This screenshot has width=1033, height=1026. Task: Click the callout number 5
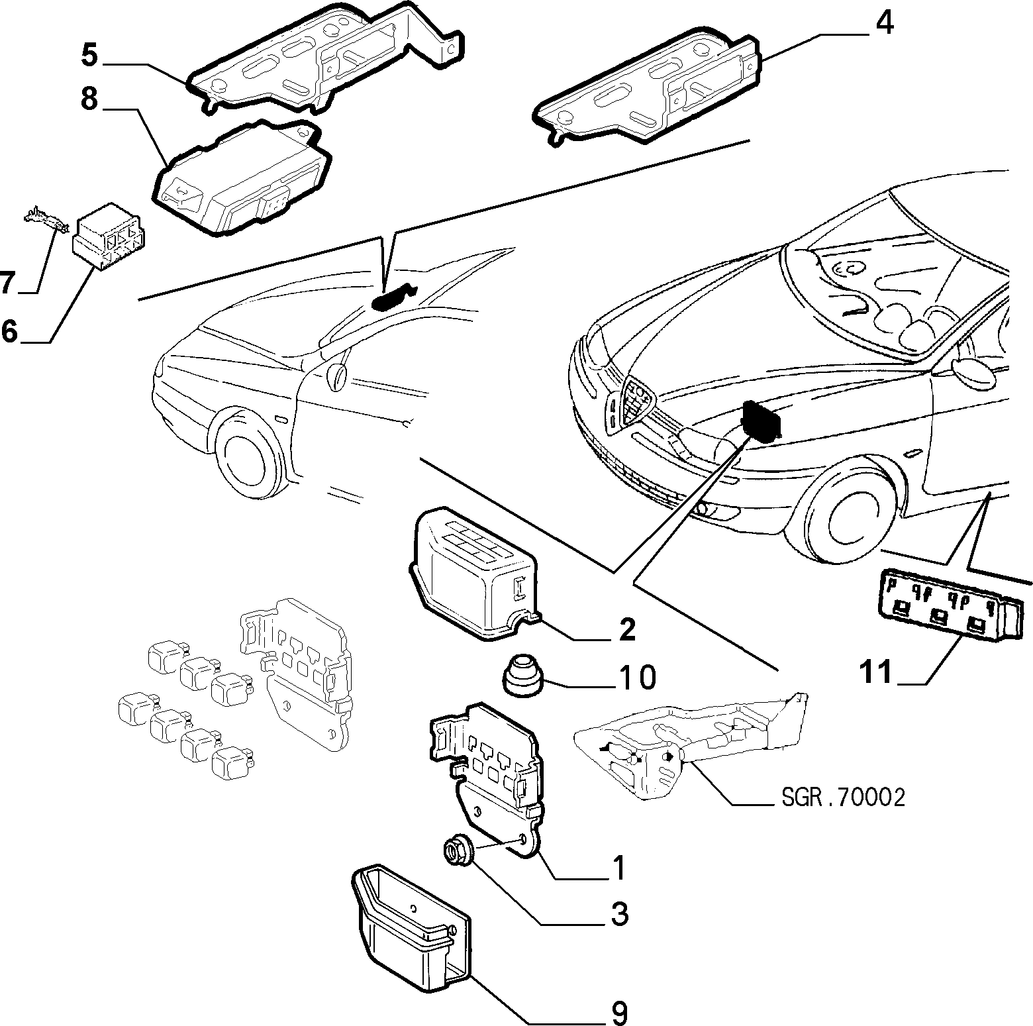[x=90, y=54]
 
